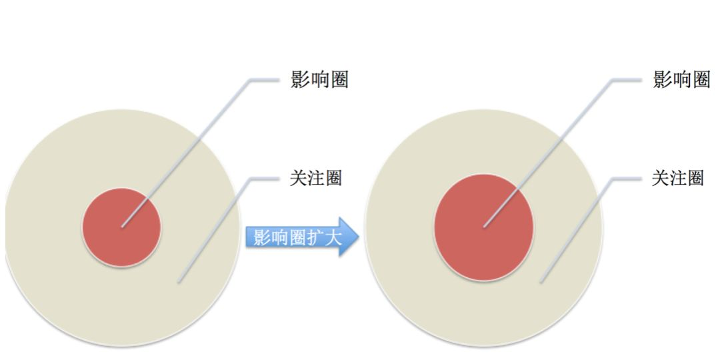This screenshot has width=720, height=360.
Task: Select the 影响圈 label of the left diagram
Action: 319,81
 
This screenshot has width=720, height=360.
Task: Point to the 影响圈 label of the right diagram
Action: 681,81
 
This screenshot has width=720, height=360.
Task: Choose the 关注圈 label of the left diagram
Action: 315,179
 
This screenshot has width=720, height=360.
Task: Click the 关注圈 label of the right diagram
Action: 677,179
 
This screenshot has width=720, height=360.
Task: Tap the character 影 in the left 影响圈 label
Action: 301,81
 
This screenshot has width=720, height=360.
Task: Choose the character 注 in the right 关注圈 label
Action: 677,179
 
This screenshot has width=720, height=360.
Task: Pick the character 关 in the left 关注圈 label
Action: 298,179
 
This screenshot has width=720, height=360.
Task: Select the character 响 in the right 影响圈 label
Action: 681,81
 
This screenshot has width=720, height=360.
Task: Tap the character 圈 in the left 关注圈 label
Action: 333,179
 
